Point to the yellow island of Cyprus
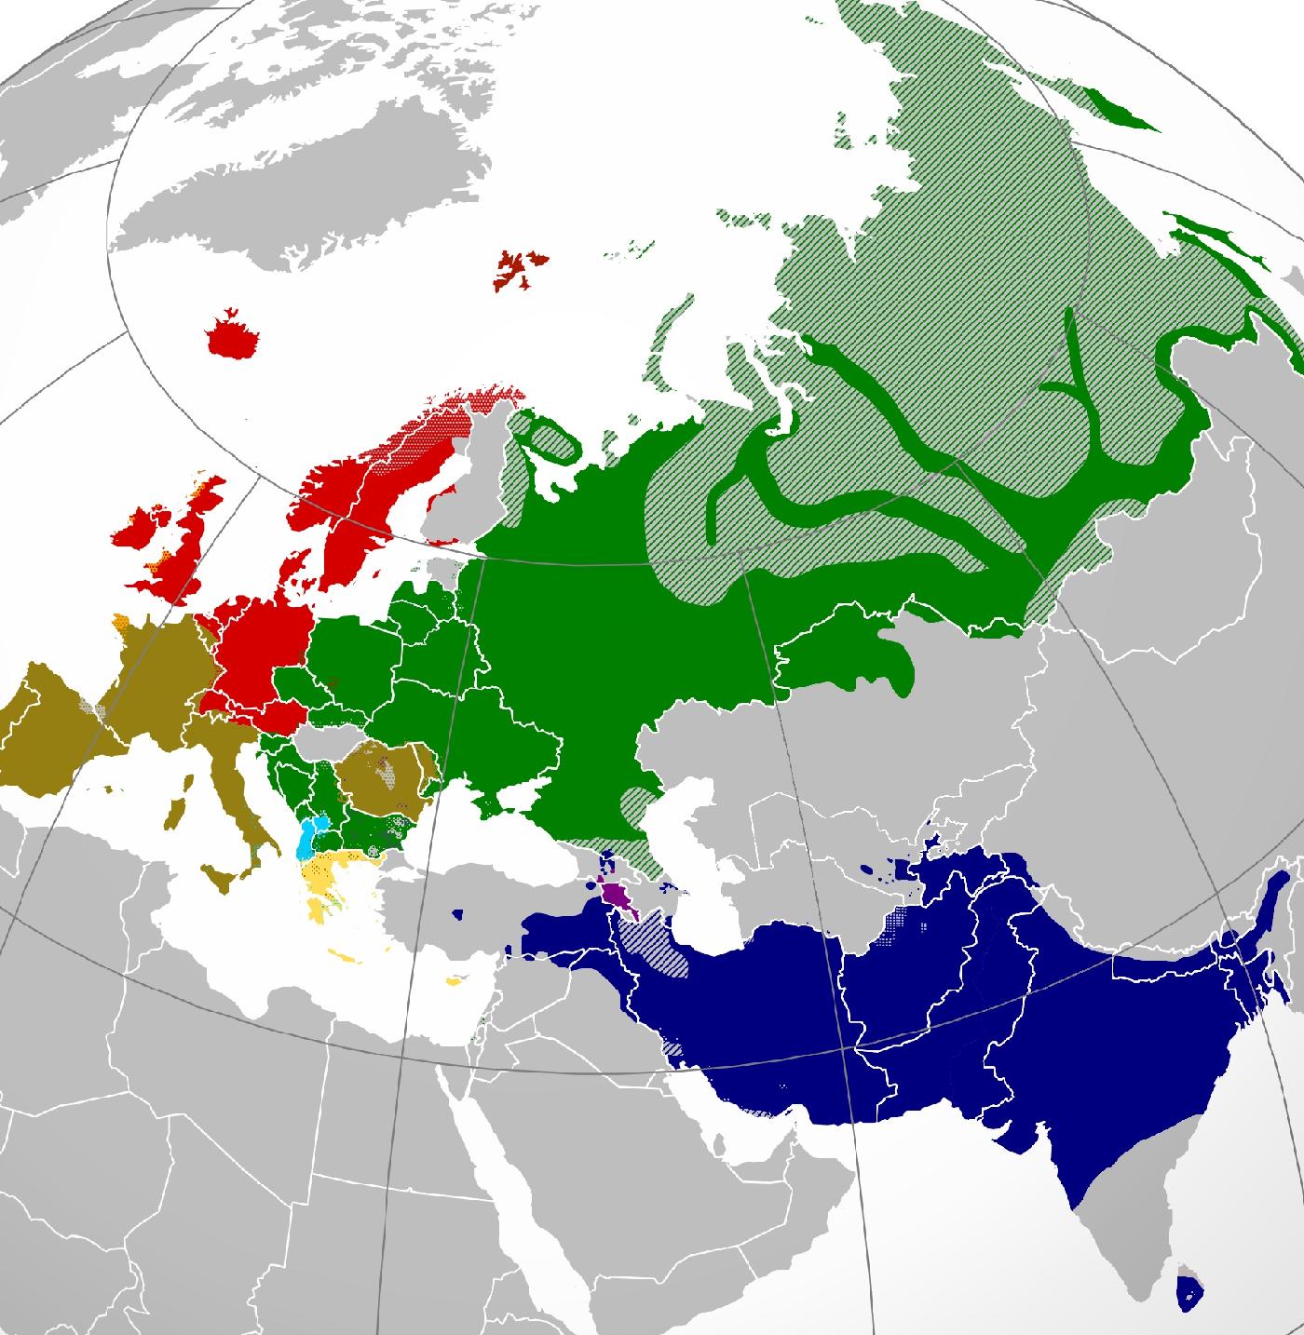[455, 980]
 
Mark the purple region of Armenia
[616, 896]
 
